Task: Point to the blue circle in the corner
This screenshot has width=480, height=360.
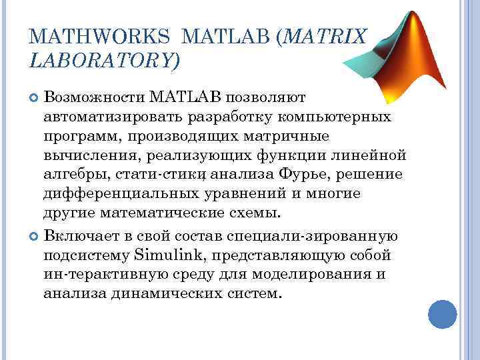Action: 441,313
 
